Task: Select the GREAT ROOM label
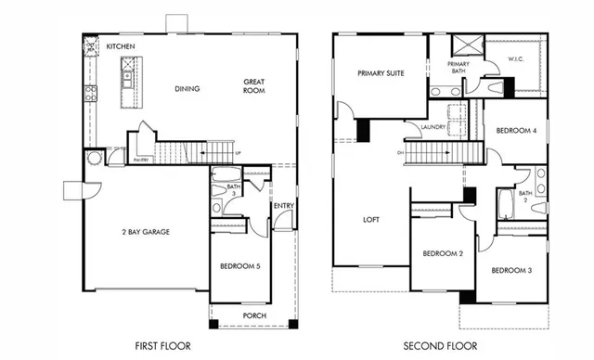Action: click(x=255, y=86)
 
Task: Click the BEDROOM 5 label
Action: click(x=240, y=267)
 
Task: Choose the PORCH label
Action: click(x=253, y=315)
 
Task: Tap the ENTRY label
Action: click(x=283, y=206)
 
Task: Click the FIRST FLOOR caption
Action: click(x=162, y=346)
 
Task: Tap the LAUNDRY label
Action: click(x=433, y=127)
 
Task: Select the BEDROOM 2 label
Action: click(x=442, y=253)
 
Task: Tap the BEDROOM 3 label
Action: click(x=510, y=270)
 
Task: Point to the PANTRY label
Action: click(x=141, y=160)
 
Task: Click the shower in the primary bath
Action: click(x=463, y=45)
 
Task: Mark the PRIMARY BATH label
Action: click(x=458, y=68)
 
